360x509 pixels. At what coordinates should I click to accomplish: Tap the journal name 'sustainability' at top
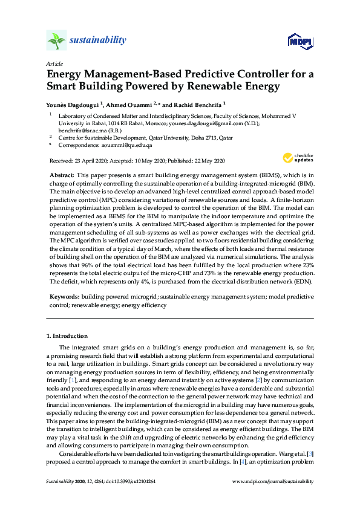pos(99,41)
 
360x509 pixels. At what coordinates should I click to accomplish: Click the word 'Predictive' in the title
pos(188,75)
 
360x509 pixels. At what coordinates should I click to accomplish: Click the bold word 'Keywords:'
pos(64,298)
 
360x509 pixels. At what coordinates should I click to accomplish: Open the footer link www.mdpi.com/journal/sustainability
pos(273,481)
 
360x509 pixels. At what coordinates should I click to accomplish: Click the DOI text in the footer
pos(137,481)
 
